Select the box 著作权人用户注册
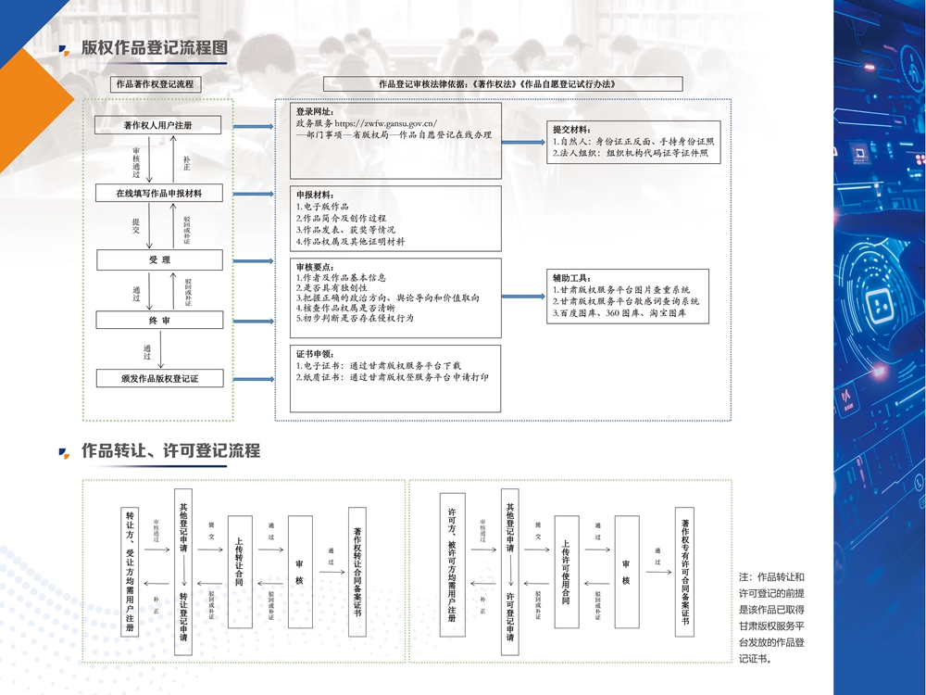(x=158, y=125)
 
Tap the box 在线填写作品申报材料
(x=158, y=194)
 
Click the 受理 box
(x=159, y=260)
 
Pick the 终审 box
(x=159, y=321)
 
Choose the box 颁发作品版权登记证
(x=159, y=378)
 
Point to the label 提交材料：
(x=571, y=130)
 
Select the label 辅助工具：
(x=571, y=278)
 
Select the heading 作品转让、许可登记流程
(x=170, y=451)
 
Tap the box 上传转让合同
(x=240, y=571)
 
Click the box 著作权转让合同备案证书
(x=357, y=572)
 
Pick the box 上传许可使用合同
(x=566, y=572)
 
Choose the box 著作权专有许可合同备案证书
(x=685, y=572)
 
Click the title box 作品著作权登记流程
(x=155, y=84)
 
